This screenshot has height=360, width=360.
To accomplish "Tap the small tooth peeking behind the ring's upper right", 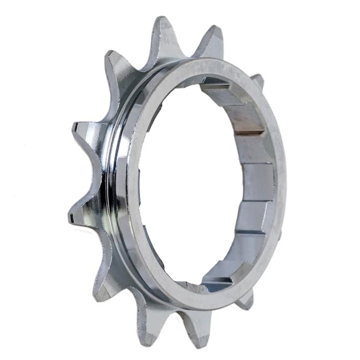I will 258,80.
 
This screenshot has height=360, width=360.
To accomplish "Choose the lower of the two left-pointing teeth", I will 83,212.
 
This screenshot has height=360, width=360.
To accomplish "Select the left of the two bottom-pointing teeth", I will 148,322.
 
